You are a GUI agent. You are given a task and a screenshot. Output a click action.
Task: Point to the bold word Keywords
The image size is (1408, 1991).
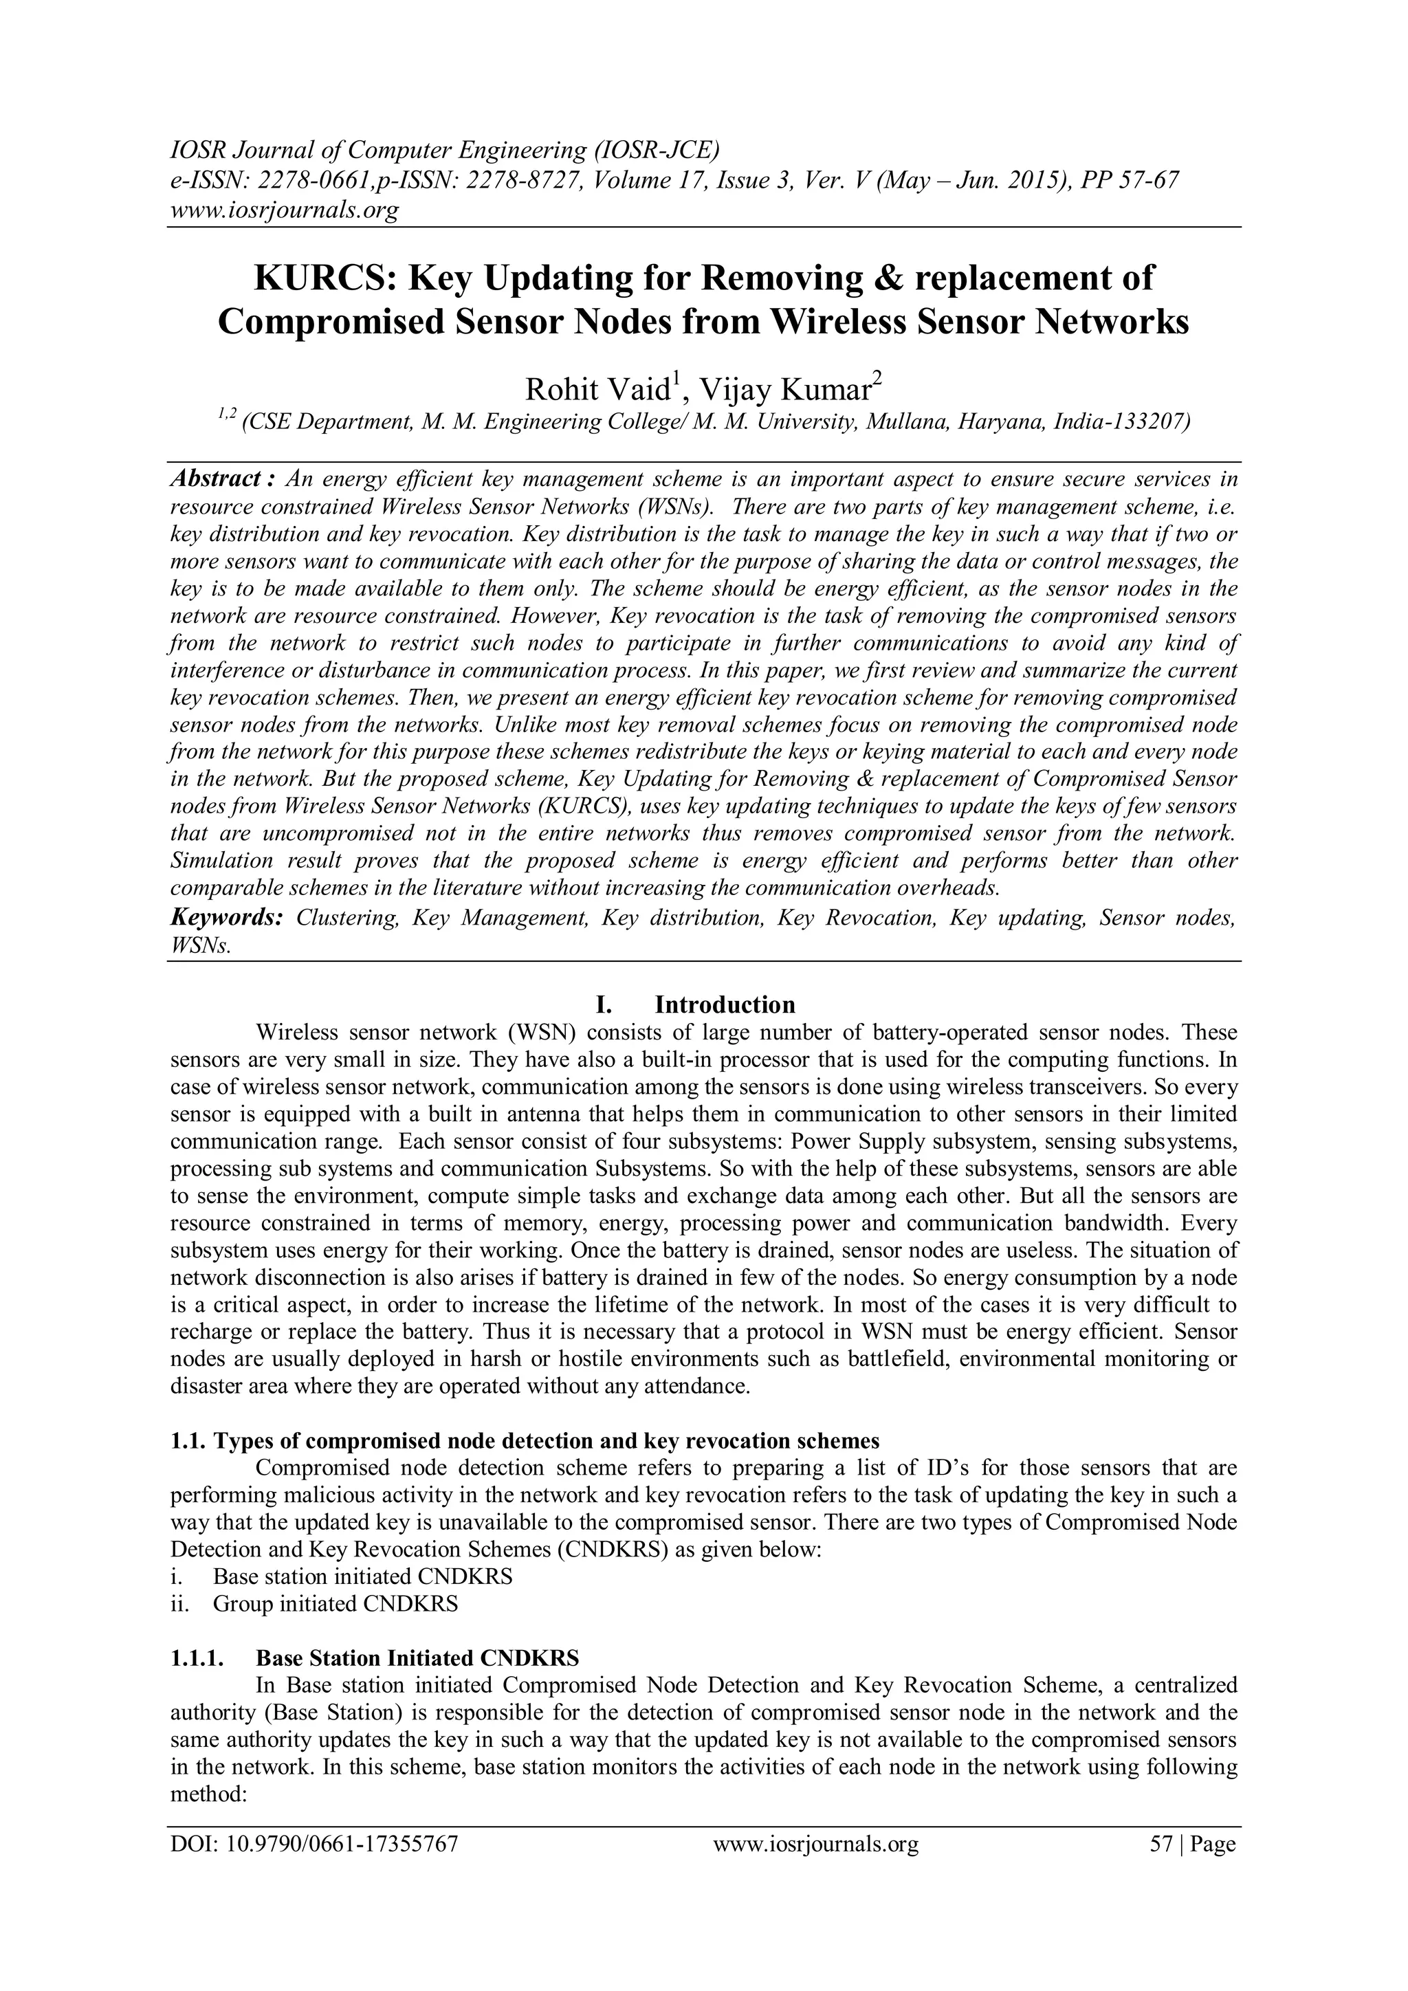226,917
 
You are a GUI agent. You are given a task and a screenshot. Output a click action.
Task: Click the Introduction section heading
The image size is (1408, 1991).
724,1005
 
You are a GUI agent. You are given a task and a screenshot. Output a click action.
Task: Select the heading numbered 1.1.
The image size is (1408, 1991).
525,1441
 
